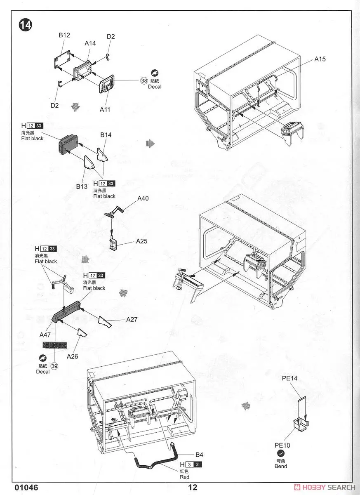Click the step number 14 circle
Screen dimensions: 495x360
coord(25,25)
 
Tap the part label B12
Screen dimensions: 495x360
coord(64,35)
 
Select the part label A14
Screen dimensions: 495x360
coord(90,43)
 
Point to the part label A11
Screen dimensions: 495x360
coord(104,109)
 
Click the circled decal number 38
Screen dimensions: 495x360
coord(144,81)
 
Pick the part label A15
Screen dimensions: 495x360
coord(320,59)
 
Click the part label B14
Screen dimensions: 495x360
coord(106,135)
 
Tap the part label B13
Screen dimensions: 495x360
coord(82,186)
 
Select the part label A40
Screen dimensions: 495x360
coord(143,198)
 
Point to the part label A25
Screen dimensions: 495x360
coord(142,241)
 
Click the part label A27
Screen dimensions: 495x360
coord(132,319)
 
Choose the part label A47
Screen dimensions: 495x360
coord(45,335)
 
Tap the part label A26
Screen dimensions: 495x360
coord(72,356)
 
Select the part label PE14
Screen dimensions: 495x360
coord(290,378)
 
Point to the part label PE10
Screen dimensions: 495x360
coord(283,445)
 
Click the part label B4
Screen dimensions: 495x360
coord(199,455)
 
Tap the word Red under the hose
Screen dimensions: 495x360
coord(184,477)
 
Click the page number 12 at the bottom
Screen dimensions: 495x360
coord(193,488)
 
